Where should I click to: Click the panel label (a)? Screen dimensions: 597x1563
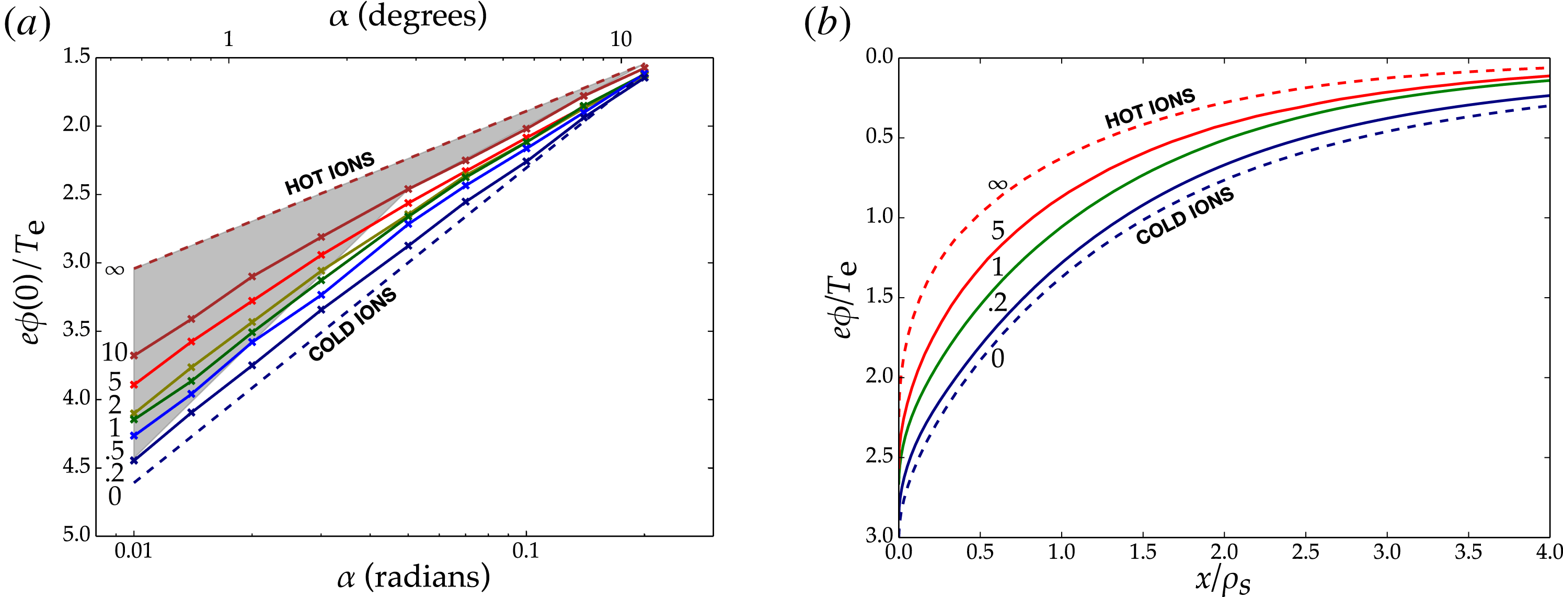tap(27, 24)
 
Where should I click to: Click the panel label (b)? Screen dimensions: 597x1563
tap(826, 24)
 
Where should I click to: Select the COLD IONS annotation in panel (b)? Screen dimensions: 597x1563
tap(1185, 216)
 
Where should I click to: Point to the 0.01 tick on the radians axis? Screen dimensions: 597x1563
tap(133, 551)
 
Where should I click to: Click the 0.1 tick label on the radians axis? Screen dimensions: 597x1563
tap(525, 551)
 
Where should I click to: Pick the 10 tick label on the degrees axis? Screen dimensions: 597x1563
tap(620, 39)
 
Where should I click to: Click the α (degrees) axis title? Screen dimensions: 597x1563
tap(408, 16)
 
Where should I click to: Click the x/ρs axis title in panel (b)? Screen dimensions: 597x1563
tap(1223, 580)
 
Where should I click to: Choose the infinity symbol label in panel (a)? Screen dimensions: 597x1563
tap(114, 269)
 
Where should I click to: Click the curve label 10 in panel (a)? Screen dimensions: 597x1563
tap(114, 353)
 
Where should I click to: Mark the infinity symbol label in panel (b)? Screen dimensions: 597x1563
tap(998, 185)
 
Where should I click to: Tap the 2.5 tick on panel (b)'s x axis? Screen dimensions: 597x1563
tap(1305, 551)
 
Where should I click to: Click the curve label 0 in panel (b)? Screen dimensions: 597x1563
tap(997, 359)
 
